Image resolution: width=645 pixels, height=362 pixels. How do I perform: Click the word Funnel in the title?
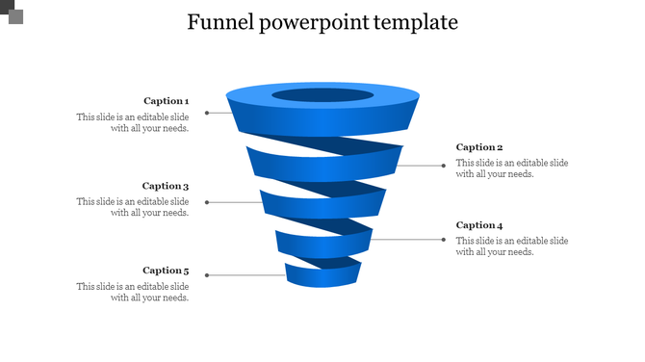coord(219,22)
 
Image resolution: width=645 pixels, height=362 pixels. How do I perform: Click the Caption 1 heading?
coord(166,100)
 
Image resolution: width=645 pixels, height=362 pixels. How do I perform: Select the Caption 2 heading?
coord(479,147)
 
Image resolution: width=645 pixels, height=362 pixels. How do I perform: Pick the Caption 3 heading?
coord(166,186)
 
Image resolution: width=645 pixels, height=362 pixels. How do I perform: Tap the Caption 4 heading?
coord(479,224)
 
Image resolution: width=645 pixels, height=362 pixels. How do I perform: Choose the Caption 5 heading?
coord(166,271)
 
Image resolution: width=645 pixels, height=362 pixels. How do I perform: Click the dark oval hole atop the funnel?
coord(322,95)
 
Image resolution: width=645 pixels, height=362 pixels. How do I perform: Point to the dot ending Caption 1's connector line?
coord(206,113)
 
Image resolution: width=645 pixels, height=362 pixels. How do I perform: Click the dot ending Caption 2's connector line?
coord(444,166)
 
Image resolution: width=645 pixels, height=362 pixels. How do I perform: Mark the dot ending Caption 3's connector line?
coord(207,202)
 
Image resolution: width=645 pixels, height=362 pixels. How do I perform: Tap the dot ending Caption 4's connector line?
coord(444,239)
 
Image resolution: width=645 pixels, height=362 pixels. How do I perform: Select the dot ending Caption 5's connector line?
coord(207,275)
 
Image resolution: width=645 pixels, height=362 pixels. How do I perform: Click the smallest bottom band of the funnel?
coord(322,277)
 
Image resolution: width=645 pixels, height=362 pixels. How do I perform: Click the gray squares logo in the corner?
coord(12,12)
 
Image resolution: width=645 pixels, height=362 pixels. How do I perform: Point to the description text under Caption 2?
coord(512,168)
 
